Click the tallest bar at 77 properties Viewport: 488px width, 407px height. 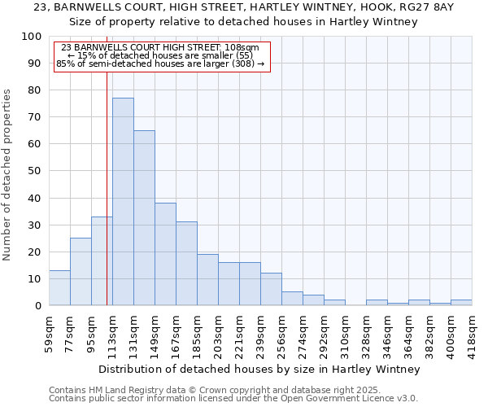tap(123, 202)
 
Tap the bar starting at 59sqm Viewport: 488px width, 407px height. tap(59, 288)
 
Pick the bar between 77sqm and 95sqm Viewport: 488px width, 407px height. tap(81, 272)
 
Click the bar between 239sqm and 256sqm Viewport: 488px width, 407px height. tap(271, 289)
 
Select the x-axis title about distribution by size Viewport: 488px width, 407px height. tap(264, 369)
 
